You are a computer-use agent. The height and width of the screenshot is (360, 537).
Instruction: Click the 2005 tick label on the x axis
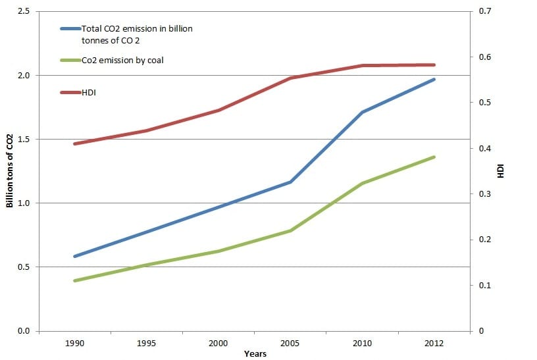(290, 343)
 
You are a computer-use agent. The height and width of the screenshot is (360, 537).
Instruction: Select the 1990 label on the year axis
(74, 343)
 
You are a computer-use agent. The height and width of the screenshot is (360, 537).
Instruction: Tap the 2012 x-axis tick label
(434, 343)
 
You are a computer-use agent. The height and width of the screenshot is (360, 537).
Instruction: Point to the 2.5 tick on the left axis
(24, 11)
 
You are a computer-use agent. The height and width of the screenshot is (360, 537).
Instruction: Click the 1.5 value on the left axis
(24, 139)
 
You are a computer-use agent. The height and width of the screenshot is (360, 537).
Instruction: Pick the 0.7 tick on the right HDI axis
(485, 11)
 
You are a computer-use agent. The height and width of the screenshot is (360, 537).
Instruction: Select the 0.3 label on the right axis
(485, 194)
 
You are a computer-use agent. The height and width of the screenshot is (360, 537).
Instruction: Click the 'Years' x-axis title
(255, 354)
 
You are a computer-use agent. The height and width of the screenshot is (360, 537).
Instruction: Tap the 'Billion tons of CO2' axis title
(10, 171)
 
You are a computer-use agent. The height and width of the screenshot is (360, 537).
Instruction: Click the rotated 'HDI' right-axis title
(501, 171)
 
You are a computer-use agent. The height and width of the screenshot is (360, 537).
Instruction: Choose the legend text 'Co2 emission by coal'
(122, 61)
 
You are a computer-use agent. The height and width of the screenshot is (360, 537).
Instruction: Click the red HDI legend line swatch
(70, 93)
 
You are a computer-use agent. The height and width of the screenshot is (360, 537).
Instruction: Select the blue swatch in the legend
(70, 29)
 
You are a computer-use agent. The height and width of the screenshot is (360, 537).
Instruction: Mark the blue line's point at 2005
(290, 182)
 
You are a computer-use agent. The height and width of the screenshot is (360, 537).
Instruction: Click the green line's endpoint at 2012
(434, 157)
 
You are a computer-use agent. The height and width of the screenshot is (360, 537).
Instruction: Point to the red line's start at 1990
(74, 143)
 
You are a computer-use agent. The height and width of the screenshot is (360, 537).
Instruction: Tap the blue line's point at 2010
(363, 112)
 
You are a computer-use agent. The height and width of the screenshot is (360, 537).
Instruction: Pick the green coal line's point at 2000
(218, 251)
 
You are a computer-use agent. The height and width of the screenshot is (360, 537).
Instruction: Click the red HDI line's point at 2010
(363, 65)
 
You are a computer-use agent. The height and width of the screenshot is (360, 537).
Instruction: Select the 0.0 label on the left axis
(24, 331)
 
